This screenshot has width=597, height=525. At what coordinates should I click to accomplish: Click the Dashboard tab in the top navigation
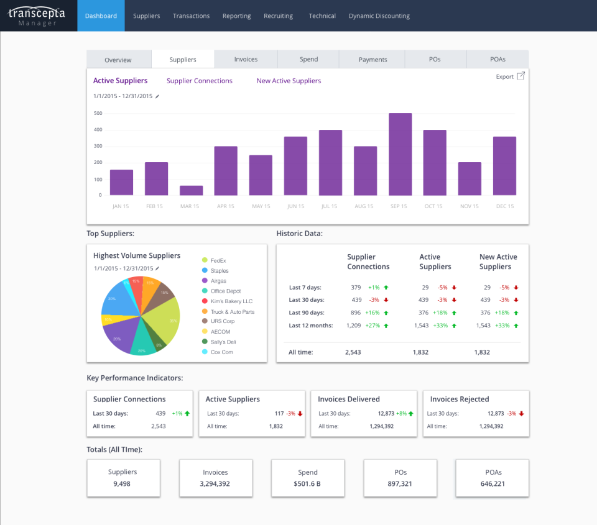tap(101, 16)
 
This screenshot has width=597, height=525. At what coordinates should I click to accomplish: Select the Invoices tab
tap(246, 59)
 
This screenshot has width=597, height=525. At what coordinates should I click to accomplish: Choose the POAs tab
tap(497, 59)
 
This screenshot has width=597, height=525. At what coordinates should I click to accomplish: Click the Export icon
tap(521, 76)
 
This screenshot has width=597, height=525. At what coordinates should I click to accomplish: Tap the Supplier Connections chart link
tap(200, 81)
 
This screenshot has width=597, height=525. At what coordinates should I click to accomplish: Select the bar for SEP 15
tap(400, 154)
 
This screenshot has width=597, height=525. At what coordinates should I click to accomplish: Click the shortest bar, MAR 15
tap(192, 190)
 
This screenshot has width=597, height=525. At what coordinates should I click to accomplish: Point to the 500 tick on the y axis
tap(98, 113)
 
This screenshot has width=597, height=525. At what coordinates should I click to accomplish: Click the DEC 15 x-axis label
tap(504, 206)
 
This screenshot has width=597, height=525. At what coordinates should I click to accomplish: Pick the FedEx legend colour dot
tap(205, 260)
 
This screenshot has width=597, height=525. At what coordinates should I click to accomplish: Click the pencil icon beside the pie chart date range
tap(157, 268)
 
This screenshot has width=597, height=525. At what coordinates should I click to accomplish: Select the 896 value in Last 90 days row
tap(355, 313)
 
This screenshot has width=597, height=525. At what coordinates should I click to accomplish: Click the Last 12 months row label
tap(311, 326)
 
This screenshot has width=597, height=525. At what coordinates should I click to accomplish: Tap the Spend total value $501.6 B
tap(308, 483)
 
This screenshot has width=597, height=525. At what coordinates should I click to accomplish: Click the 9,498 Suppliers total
tap(123, 483)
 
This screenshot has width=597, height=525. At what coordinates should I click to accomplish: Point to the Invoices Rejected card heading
tap(460, 399)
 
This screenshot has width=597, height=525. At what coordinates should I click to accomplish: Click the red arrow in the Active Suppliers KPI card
tap(300, 413)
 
